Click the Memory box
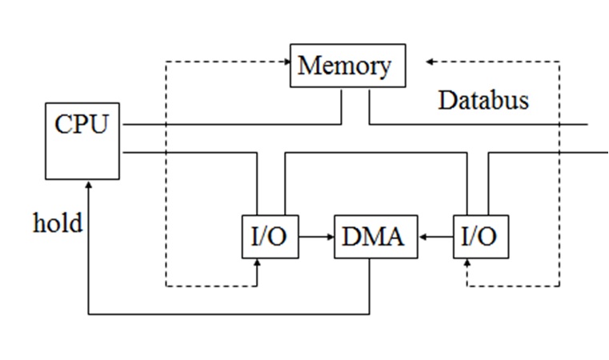click(x=347, y=66)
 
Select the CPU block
click(x=82, y=141)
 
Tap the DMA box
click(x=375, y=237)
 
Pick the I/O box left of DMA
click(x=270, y=237)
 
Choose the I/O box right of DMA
click(x=480, y=237)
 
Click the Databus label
click(x=483, y=101)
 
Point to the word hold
click(x=57, y=222)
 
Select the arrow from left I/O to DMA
click(x=316, y=237)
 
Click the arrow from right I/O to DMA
click(x=435, y=237)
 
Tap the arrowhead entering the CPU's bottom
click(x=88, y=185)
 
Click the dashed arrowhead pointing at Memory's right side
click(x=431, y=62)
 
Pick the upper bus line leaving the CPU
click(x=232, y=125)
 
